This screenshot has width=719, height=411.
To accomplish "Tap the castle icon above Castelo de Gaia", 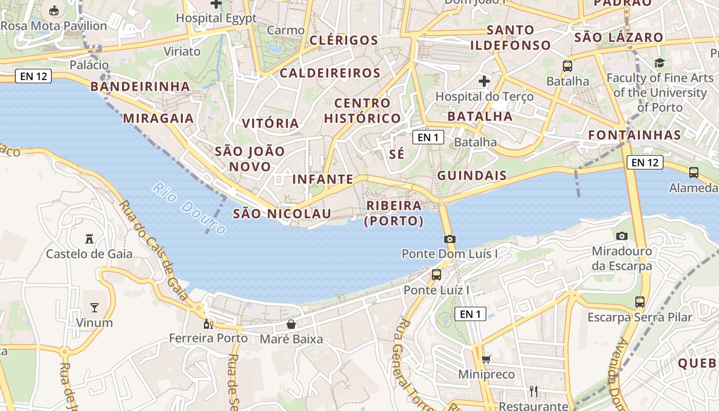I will click(89, 238).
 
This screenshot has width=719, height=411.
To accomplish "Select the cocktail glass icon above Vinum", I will click(94, 307).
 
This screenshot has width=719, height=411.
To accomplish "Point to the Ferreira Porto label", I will click(209, 339).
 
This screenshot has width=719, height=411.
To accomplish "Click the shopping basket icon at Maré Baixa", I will click(291, 324).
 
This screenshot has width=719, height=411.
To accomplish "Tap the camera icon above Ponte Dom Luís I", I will click(450, 239).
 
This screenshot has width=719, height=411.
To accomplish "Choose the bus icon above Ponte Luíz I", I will click(437, 275).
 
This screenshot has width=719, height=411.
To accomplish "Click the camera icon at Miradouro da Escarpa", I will click(622, 236).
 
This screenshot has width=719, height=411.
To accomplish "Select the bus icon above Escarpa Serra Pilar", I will click(640, 302).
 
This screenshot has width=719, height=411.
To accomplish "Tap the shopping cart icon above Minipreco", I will click(486, 359).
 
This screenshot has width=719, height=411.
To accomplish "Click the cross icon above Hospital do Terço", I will click(484, 81).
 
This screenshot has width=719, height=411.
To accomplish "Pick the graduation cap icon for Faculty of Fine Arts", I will click(659, 63).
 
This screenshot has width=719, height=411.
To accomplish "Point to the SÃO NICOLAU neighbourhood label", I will click(282, 213).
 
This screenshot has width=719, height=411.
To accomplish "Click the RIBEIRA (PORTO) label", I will click(394, 213).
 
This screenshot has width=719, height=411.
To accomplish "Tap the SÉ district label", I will click(396, 154).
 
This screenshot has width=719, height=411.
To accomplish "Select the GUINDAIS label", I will click(472, 175).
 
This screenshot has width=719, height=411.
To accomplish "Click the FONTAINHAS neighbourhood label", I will click(634, 135).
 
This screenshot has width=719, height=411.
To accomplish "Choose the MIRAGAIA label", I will click(158, 118).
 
